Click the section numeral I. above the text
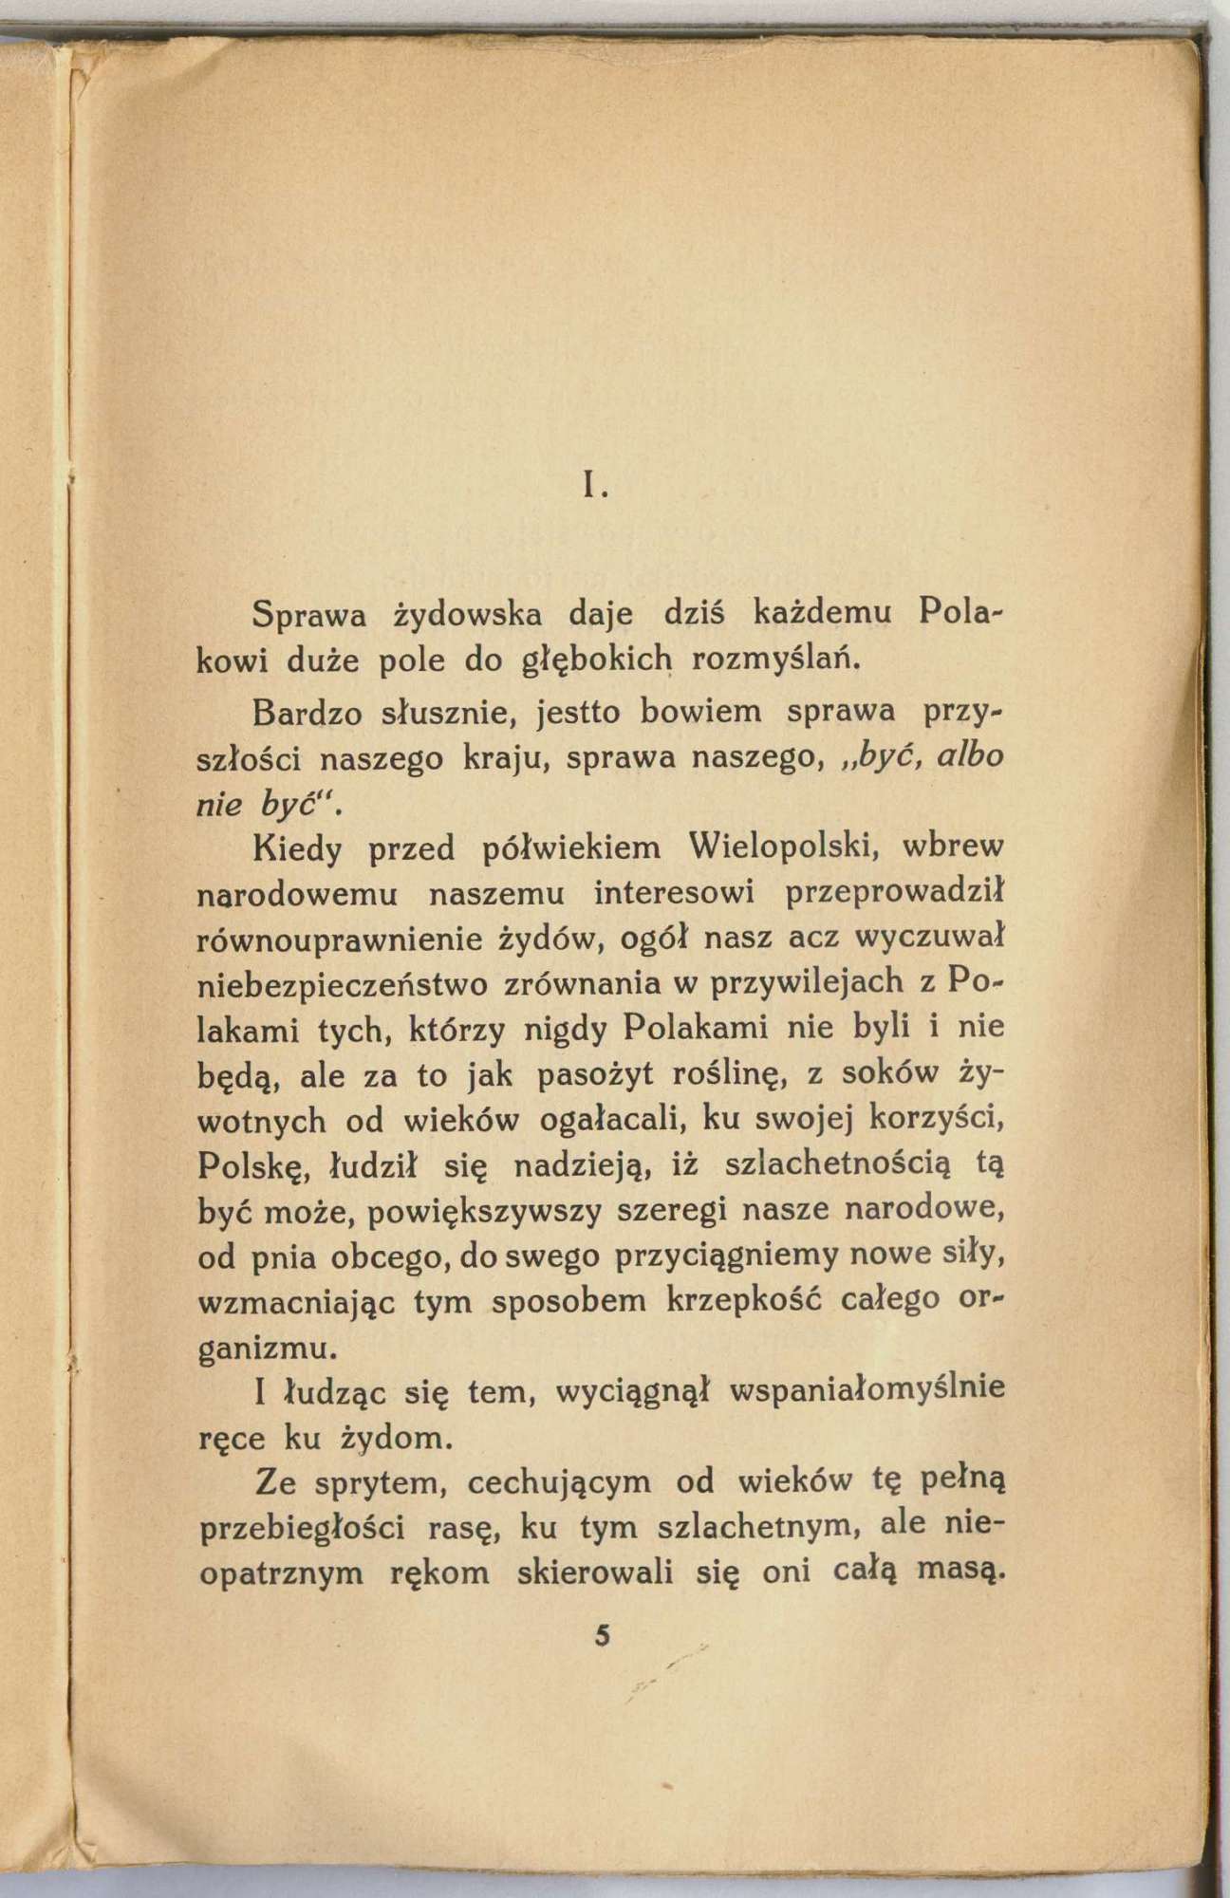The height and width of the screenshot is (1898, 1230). tap(596, 487)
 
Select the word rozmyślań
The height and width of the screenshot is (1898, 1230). tap(774, 659)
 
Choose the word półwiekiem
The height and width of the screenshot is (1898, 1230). tap(572, 847)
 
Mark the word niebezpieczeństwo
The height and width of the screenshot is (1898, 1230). tap(343, 985)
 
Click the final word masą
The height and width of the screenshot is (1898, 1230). tap(960, 1572)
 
